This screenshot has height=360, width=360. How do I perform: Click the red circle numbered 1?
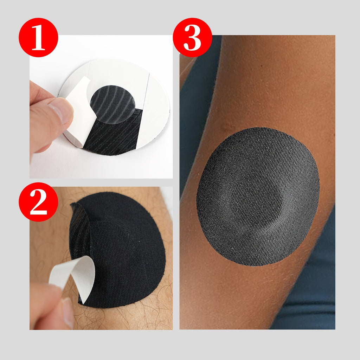[38, 37]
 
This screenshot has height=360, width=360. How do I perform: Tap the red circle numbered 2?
[38, 202]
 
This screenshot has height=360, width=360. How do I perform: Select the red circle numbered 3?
[192, 37]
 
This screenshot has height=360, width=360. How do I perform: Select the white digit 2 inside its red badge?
[38, 202]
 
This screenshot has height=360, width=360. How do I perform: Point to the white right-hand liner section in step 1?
[154, 110]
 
